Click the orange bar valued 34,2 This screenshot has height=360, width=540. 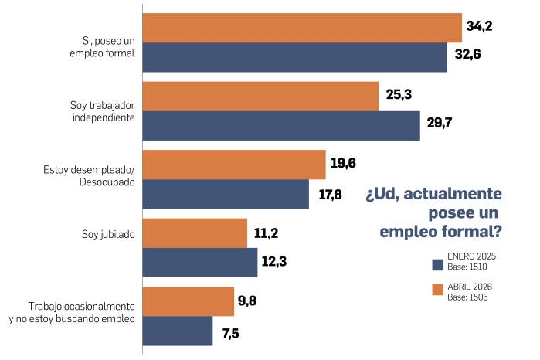pyautogui.click(x=302, y=27)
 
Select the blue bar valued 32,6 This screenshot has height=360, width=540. pyautogui.click(x=295, y=57)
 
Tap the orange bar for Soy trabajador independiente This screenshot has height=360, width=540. pyautogui.click(x=260, y=96)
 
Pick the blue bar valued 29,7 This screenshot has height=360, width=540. pyautogui.click(x=281, y=125)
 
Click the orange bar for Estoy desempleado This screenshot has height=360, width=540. pyautogui.click(x=234, y=164)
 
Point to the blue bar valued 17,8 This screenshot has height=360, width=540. pyautogui.click(x=226, y=193)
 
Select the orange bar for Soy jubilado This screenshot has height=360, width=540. pyautogui.click(x=195, y=233)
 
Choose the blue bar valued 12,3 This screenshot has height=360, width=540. pyautogui.click(x=200, y=262)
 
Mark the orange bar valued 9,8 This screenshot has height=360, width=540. pyautogui.click(x=188, y=301)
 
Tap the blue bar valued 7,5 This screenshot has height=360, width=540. pyautogui.click(x=178, y=331)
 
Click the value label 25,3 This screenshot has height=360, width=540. pyautogui.click(x=399, y=95)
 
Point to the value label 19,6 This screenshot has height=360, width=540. pyautogui.click(x=344, y=164)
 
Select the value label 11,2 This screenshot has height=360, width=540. pyautogui.click(x=267, y=233)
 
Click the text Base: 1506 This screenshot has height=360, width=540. pyautogui.click(x=467, y=296)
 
